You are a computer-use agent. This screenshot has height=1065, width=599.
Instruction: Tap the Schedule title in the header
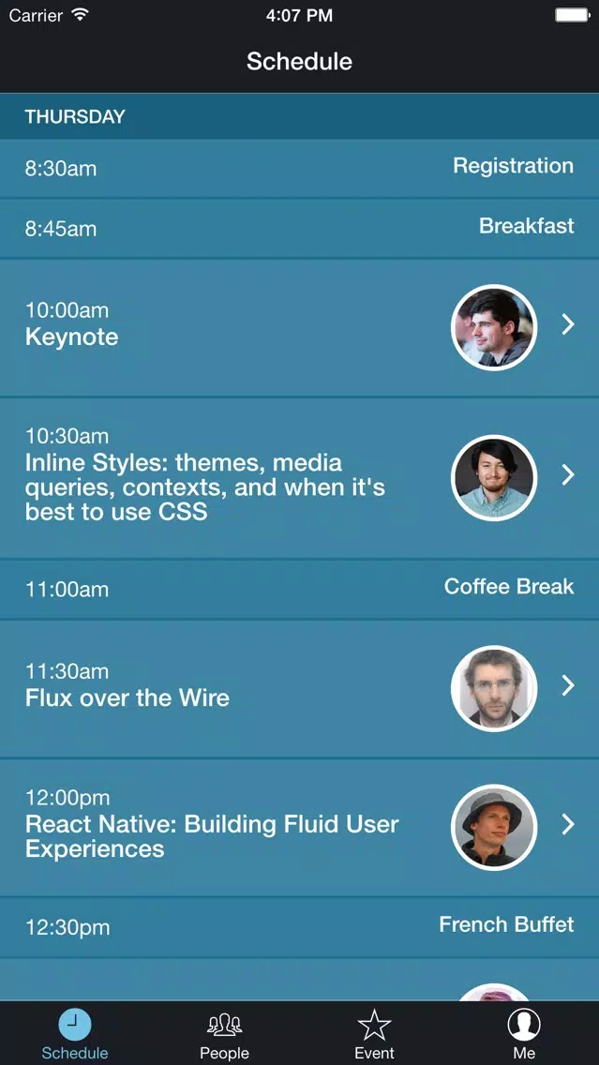point(299,62)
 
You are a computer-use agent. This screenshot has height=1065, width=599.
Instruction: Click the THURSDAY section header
point(75,117)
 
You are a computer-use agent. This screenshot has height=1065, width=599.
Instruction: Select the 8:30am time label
point(60,169)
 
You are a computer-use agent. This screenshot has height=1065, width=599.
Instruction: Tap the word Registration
point(514,167)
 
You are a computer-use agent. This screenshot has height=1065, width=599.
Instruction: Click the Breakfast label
point(526,226)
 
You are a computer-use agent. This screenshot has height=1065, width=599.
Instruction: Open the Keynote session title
point(71,337)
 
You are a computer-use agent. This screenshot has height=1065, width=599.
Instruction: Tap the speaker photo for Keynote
point(494,327)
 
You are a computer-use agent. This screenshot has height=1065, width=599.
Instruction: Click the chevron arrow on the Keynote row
point(568,324)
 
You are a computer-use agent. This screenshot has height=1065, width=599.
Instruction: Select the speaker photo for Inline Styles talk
point(494,477)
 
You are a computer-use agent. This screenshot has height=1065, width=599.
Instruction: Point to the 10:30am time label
point(67,435)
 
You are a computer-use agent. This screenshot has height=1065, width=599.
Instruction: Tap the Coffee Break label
point(509,586)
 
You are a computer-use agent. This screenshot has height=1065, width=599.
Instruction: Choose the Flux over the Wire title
point(127,697)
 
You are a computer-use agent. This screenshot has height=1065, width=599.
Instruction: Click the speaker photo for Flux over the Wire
point(494,688)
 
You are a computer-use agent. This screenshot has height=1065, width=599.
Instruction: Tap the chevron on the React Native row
point(568,824)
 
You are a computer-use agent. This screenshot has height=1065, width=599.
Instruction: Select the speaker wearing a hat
point(494,827)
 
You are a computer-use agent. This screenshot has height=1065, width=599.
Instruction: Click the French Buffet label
point(506,924)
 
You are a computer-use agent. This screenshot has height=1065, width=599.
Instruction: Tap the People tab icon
point(224,1025)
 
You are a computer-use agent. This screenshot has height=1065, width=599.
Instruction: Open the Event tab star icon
point(374,1025)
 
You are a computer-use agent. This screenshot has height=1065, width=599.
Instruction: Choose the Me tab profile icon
point(524,1025)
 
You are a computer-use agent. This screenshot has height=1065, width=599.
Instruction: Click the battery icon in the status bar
point(573,15)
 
